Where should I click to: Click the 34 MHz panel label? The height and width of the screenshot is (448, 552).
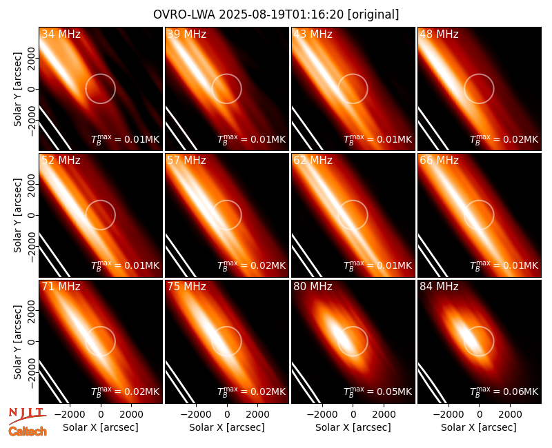click(x=61, y=34)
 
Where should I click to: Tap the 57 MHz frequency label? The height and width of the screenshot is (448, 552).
click(x=186, y=161)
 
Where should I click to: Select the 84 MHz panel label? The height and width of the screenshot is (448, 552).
click(x=439, y=287)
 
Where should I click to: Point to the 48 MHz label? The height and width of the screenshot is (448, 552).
click(x=439, y=34)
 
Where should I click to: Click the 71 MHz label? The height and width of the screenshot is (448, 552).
click(x=61, y=287)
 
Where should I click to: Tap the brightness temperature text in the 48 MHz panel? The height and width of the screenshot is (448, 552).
click(x=504, y=139)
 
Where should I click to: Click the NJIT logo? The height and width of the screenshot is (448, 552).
click(x=27, y=416)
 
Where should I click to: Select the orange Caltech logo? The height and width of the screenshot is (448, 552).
click(x=28, y=431)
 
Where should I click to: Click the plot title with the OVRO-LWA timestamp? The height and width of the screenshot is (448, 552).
click(x=276, y=14)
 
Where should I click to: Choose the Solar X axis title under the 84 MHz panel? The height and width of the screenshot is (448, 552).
click(x=479, y=427)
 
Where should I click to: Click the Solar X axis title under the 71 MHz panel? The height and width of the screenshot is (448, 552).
click(x=101, y=427)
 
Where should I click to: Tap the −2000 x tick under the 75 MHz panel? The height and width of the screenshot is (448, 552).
click(x=196, y=415)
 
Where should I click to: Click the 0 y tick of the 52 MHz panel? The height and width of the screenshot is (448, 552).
click(x=32, y=215)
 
